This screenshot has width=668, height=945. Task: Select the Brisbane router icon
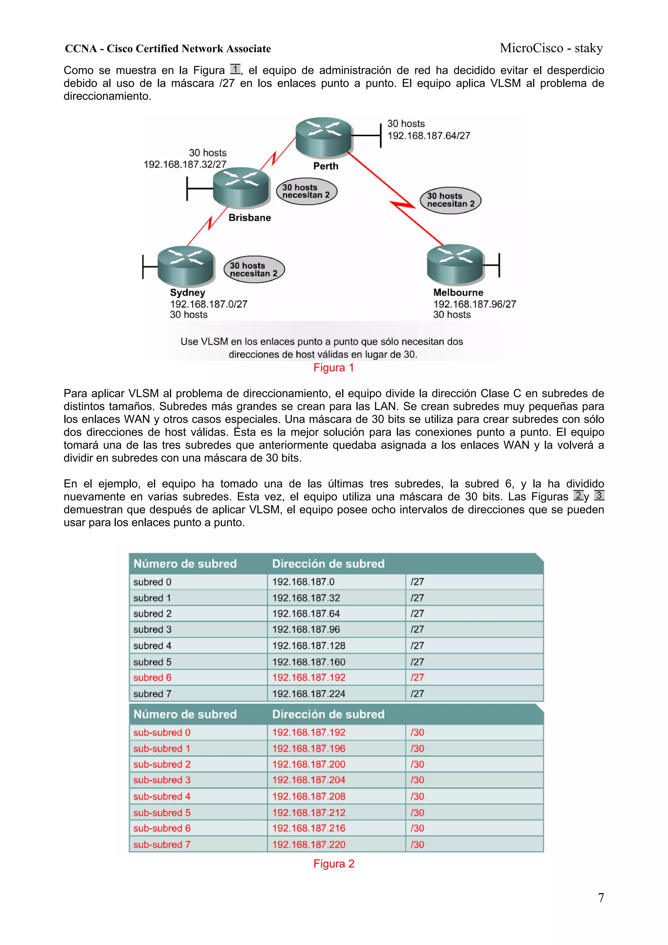point(241,187)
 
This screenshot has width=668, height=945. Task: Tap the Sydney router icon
point(186,266)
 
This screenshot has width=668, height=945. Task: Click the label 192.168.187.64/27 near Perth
point(429,136)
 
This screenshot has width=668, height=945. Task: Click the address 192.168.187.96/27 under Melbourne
point(474,304)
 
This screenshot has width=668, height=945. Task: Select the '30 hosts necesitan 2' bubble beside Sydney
point(254,269)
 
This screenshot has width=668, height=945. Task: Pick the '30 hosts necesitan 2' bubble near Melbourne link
point(450,200)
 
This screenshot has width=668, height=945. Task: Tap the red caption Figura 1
point(333,368)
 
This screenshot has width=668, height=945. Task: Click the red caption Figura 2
point(333,863)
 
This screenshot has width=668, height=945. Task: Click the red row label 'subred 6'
point(152,678)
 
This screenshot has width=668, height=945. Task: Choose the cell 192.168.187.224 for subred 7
point(308,694)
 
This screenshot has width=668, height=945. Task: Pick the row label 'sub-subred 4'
point(162,797)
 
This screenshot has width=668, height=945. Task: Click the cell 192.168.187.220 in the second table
point(308,845)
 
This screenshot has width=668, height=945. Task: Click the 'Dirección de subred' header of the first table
point(328,563)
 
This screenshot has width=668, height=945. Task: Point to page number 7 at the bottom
point(600,898)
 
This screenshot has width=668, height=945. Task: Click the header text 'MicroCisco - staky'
point(551,48)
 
